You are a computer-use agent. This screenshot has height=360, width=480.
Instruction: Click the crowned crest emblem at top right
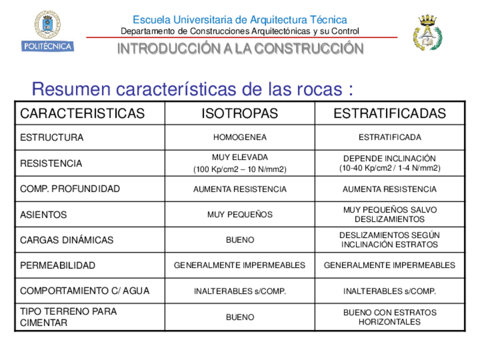pos(428,32)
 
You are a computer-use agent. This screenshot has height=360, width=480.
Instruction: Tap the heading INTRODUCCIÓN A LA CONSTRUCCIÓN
pos(240,49)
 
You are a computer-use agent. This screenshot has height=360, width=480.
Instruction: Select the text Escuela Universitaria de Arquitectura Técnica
pos(240,20)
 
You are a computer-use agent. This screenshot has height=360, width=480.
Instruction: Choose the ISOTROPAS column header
pos(240,113)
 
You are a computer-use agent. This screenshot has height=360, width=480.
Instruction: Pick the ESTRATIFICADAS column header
pos(389,113)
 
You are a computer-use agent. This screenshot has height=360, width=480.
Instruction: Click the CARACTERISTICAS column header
pos(82,113)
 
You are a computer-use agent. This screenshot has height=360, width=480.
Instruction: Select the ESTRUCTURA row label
pos(52,138)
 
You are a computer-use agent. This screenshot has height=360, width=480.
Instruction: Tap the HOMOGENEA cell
pos(240,138)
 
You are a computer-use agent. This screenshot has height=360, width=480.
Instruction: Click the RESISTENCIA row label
pos(51,164)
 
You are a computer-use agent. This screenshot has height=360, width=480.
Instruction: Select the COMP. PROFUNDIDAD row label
pos(70,189)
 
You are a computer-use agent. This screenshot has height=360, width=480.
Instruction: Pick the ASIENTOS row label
pos(43,215)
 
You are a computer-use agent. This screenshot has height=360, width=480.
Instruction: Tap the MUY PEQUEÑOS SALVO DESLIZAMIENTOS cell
pos(389,215)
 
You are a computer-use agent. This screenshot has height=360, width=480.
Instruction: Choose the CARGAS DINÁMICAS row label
pos(66,240)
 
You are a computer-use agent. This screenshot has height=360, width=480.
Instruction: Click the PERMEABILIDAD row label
pos(57,265)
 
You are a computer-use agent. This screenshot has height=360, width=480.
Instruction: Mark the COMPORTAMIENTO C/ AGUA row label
pos(84,291)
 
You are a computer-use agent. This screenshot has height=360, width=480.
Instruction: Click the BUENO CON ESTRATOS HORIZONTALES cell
pos(389,317)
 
